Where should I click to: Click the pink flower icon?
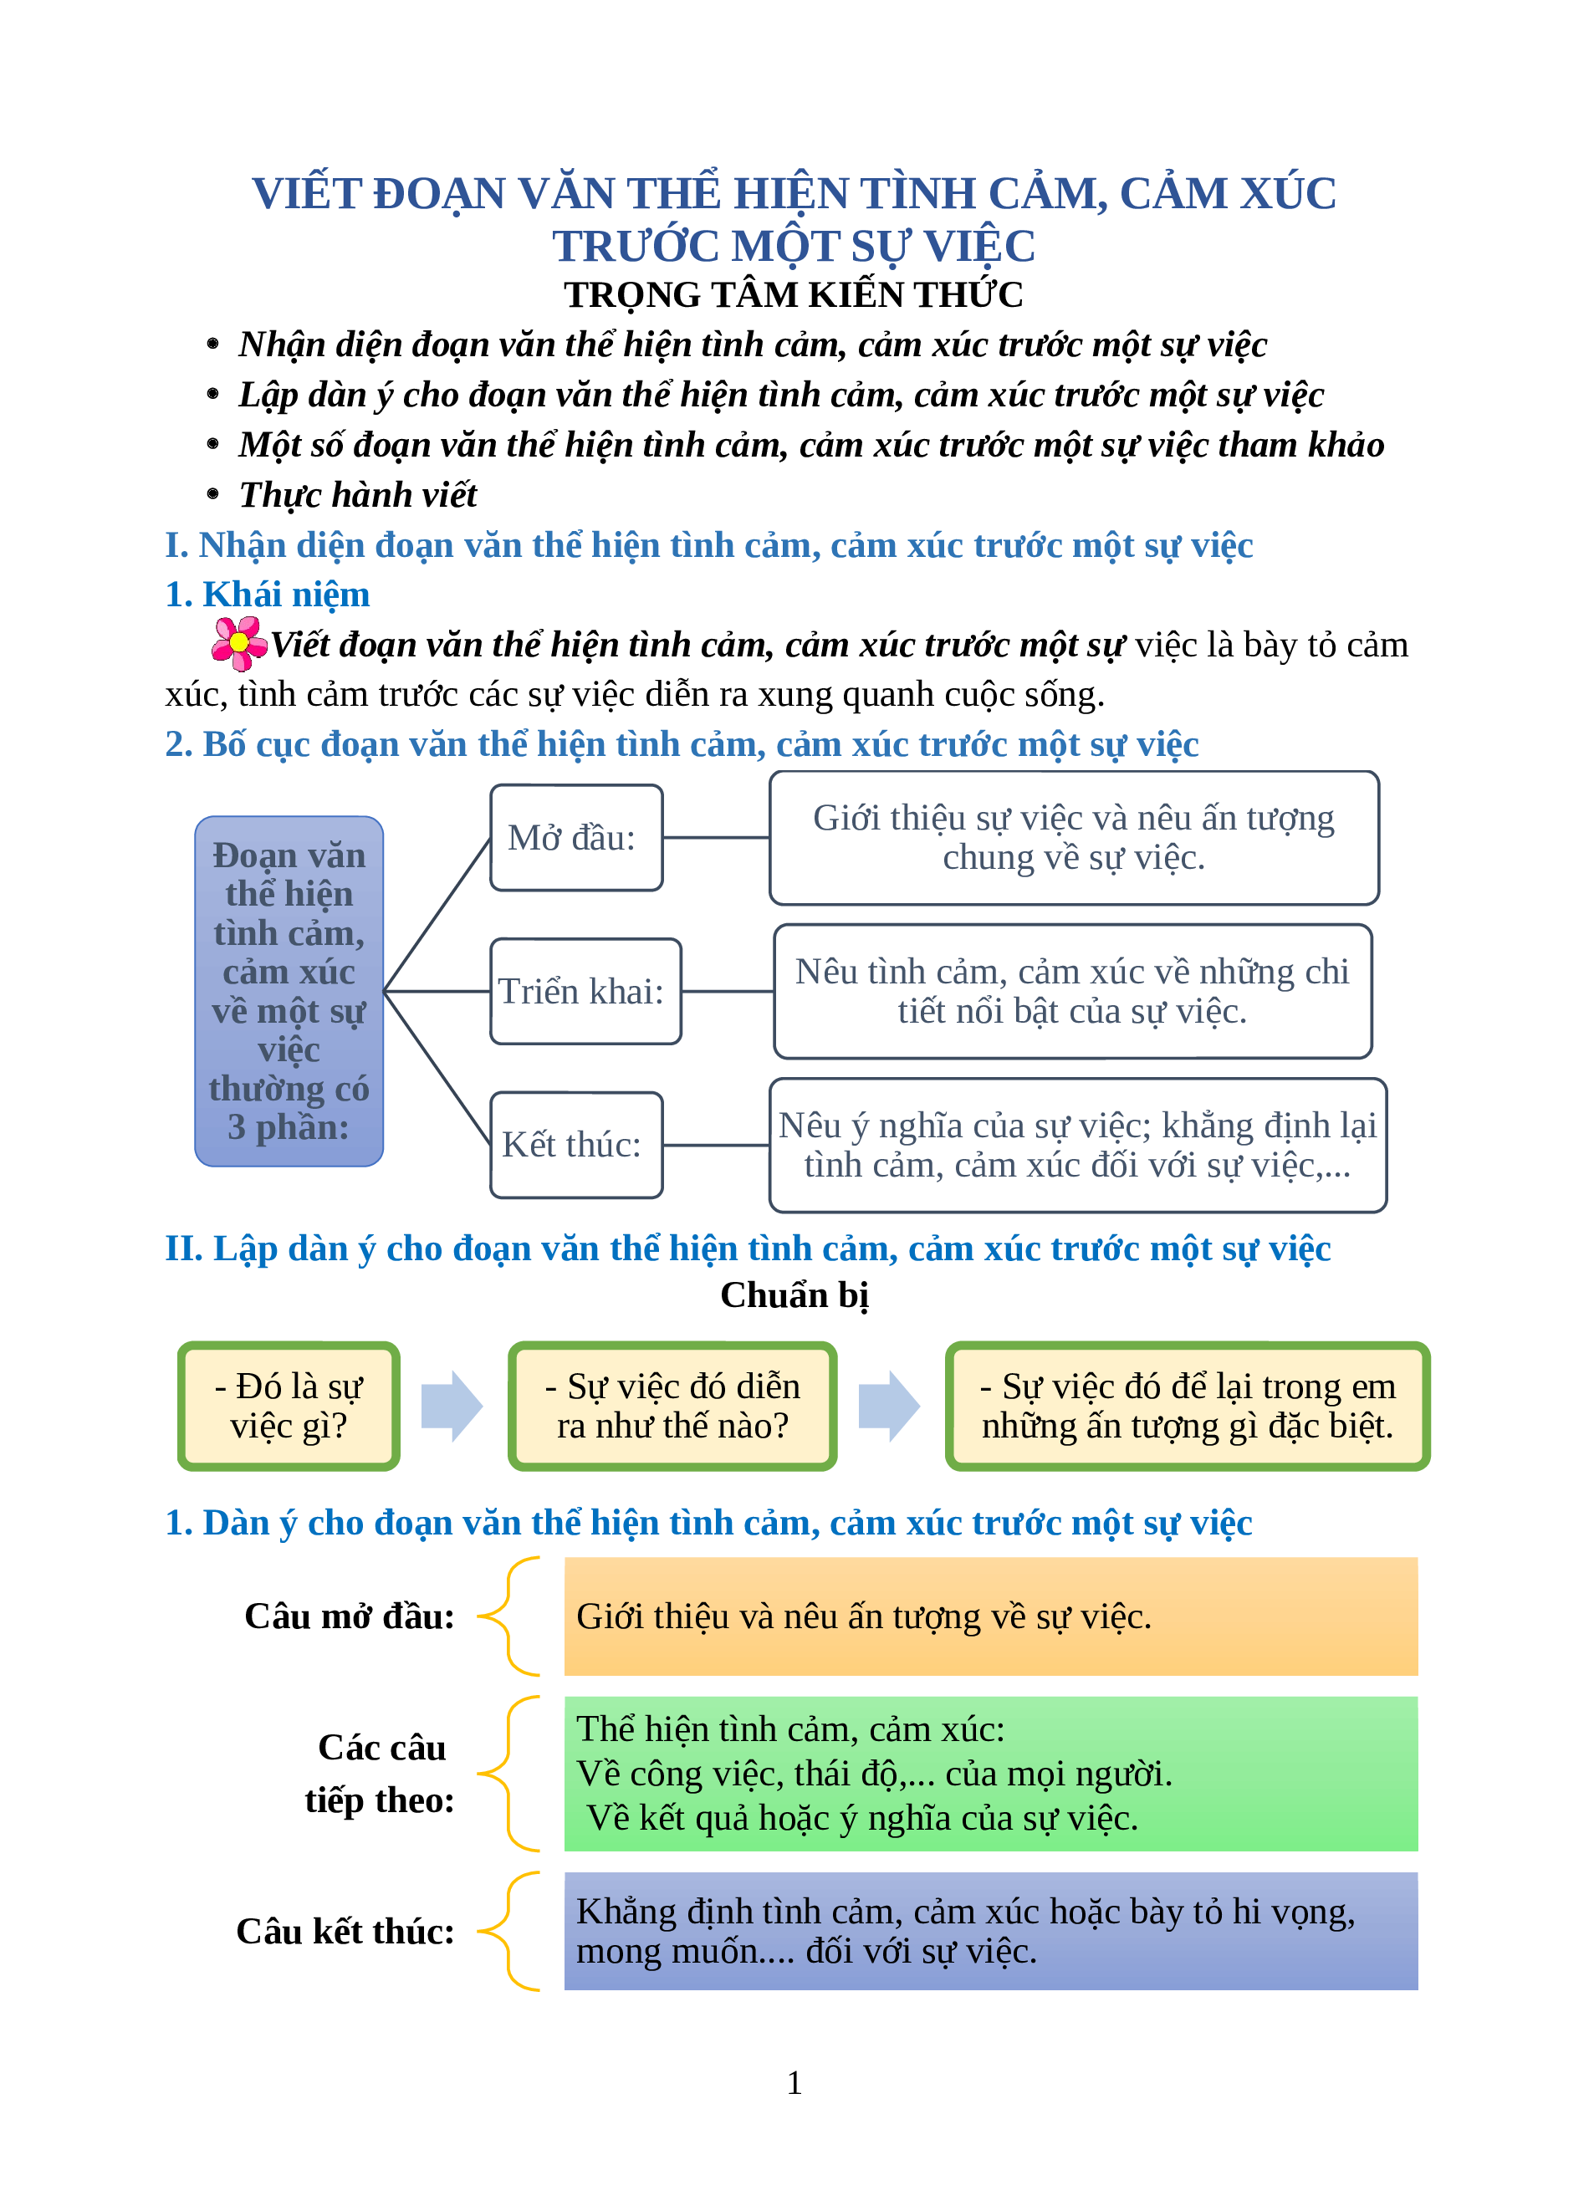point(238,643)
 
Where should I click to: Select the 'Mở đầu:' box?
point(575,837)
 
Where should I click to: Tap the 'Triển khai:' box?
point(585,991)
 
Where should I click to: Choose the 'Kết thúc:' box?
point(575,1145)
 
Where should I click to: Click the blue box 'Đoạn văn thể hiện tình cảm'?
point(289,990)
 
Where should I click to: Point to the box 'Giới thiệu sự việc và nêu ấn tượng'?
point(1074,837)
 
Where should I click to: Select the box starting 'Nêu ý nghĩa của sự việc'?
point(1077,1145)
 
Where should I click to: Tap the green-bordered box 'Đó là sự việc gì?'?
point(289,1406)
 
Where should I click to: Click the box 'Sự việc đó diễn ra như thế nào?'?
point(672,1406)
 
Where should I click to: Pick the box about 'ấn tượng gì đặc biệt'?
point(1187,1406)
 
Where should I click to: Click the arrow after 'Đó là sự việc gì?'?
point(452,1406)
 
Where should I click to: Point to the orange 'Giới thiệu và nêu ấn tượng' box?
point(990,1616)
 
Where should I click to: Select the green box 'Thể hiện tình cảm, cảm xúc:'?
point(990,1773)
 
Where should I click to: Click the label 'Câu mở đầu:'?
point(349,1616)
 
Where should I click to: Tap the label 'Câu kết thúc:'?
point(345,1932)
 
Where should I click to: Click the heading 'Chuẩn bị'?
point(794,1295)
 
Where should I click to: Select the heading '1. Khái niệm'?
point(268,595)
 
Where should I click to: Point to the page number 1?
point(794,2082)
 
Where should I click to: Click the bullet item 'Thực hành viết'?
point(358,495)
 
